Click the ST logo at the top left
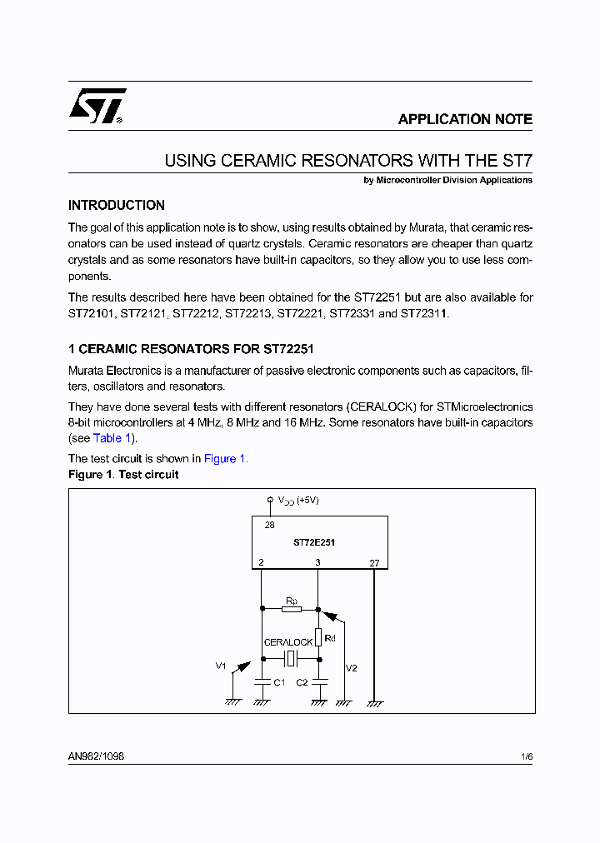tap(97, 106)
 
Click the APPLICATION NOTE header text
tap(464, 119)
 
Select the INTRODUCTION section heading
tap(116, 205)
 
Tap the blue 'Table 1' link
tap(112, 438)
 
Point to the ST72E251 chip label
tap(314, 542)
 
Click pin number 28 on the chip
tap(269, 525)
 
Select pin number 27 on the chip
tap(374, 563)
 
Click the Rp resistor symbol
tap(291, 609)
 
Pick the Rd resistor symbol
tap(317, 638)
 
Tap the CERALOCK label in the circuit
tap(287, 642)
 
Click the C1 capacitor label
tap(279, 682)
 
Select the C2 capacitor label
tap(302, 682)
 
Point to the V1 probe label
tap(221, 666)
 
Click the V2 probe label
tap(351, 668)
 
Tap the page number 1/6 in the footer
tap(526, 756)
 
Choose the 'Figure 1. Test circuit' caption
tap(123, 475)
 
